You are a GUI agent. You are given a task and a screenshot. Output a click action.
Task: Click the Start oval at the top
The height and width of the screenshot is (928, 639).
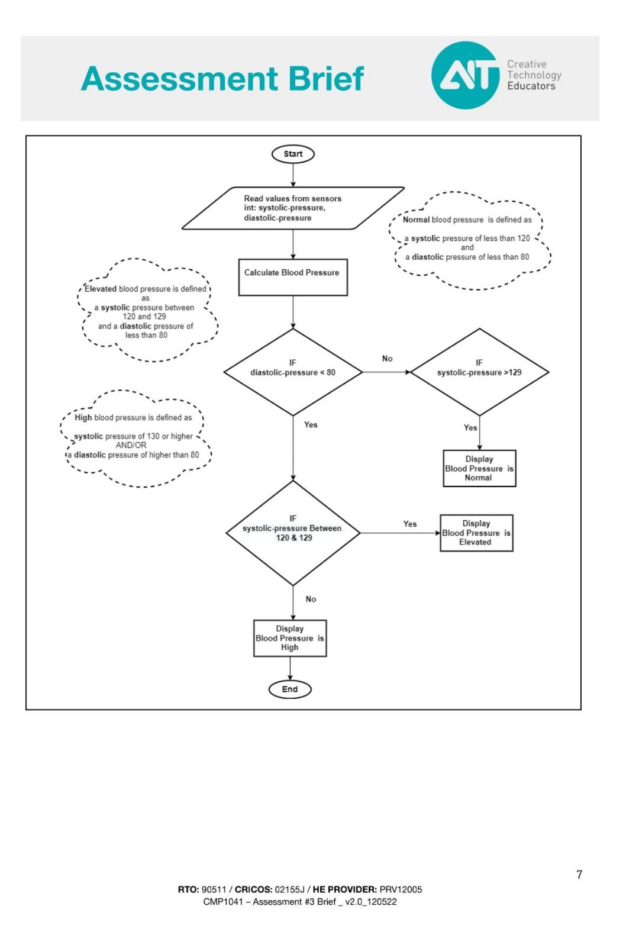click(293, 154)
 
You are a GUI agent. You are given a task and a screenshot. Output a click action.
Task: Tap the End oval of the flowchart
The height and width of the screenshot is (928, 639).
click(290, 689)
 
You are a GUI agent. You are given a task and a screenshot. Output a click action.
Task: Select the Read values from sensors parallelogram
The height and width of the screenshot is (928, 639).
click(293, 208)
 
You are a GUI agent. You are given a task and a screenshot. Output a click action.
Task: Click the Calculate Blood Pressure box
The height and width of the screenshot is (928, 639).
click(293, 277)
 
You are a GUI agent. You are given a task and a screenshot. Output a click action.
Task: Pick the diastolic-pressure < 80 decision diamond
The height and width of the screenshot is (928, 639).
click(293, 372)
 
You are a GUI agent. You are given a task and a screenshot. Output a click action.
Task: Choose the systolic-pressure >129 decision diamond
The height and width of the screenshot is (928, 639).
click(479, 372)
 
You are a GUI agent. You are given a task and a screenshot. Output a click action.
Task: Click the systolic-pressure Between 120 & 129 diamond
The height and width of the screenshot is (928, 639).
click(293, 533)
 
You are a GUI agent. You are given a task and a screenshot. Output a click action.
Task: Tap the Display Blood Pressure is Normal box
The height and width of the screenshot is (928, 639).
click(479, 468)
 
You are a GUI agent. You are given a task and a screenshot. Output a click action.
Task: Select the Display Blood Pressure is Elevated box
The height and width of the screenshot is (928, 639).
click(476, 533)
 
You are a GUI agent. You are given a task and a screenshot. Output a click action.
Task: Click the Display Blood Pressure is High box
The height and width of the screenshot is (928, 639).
click(290, 638)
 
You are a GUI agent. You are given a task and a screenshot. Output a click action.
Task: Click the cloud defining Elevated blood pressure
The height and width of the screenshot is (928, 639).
click(147, 311)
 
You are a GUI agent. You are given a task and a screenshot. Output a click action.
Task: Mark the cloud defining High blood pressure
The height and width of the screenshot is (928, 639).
click(136, 438)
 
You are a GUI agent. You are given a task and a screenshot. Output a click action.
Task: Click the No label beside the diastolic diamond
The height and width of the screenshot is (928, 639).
click(387, 359)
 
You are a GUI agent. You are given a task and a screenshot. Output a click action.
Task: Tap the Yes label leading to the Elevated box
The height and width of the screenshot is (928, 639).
click(410, 524)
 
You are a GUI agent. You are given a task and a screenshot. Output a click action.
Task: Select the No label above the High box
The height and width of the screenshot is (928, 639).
click(311, 599)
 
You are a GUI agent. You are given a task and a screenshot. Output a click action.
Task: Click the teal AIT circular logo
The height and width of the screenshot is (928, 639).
click(465, 75)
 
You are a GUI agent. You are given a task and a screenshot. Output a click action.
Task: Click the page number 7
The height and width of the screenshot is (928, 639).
click(579, 875)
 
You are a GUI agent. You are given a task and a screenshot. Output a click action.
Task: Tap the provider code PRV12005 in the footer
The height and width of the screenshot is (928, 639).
click(401, 889)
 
